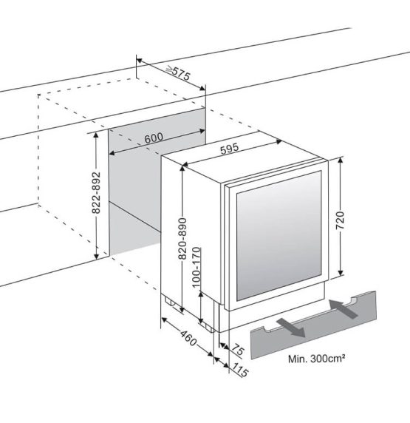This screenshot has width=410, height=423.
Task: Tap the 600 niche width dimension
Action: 154,138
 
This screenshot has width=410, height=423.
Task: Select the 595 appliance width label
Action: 230,149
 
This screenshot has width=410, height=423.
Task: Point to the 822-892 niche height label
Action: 96,192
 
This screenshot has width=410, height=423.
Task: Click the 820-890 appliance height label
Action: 182,239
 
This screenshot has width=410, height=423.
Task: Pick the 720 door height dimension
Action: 340,220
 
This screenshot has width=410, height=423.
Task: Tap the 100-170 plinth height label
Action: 197,267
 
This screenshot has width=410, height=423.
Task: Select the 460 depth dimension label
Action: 188,338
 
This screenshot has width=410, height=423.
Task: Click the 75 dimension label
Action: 238,350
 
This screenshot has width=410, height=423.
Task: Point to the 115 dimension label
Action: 239,370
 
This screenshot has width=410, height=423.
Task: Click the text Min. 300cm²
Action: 316,359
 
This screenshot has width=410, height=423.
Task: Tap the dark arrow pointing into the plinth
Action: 343,308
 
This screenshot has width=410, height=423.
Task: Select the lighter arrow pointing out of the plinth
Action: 291,327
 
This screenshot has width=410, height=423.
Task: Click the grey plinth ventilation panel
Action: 313,325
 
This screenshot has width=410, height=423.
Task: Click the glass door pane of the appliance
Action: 279,236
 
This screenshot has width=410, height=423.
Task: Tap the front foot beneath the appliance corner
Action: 210,328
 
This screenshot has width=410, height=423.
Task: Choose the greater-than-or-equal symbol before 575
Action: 170,70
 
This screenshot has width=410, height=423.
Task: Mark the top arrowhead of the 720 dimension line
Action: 340,160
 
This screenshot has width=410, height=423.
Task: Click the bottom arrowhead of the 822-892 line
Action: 96,257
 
